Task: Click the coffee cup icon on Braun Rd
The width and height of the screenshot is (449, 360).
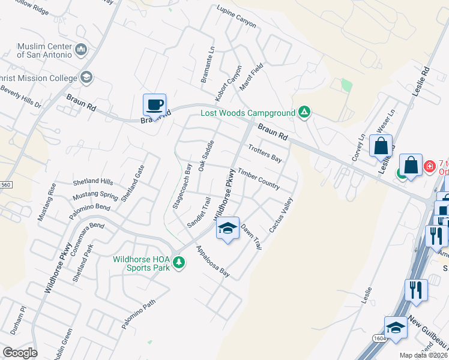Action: click(x=154, y=104)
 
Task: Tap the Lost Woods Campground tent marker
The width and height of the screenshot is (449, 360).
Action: click(x=304, y=112)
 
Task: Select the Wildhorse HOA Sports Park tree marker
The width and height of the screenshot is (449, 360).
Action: click(x=178, y=262)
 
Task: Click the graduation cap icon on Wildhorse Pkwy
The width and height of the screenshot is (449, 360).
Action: click(x=228, y=229)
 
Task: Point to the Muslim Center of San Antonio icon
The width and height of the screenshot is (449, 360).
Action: click(x=81, y=49)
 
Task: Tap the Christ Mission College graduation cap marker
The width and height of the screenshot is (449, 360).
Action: click(x=86, y=77)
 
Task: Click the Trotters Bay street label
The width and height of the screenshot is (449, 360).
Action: click(x=265, y=154)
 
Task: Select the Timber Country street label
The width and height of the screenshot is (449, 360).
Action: click(x=259, y=179)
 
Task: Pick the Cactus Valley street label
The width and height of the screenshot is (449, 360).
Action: click(x=281, y=215)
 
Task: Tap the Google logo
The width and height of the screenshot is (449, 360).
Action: click(x=20, y=352)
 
